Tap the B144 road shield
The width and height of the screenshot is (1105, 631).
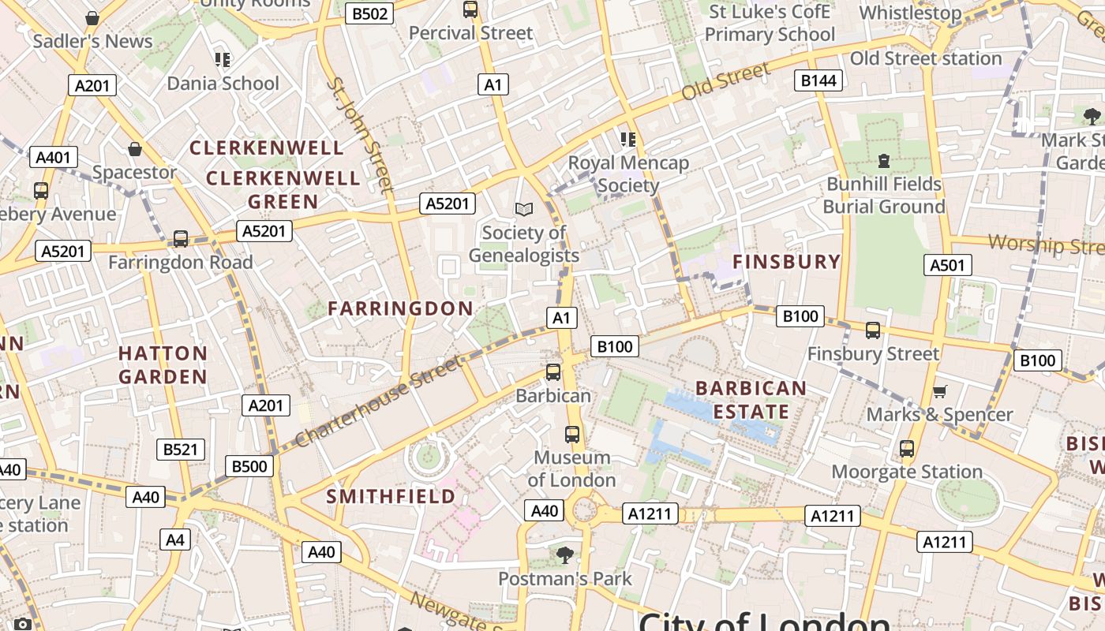tap(818, 80)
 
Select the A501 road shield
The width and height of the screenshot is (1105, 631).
tap(947, 265)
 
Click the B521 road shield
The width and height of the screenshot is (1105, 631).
tap(181, 450)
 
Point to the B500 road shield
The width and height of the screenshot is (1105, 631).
tap(249, 466)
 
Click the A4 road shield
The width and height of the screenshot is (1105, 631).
tap(175, 540)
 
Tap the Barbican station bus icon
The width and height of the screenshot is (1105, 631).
tap(553, 372)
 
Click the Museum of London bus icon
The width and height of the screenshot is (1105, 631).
tap(572, 435)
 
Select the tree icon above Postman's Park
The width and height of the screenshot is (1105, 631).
tap(564, 555)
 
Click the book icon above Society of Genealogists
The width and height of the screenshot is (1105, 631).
tap(523, 209)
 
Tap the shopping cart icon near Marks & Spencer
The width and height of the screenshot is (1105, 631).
tap(939, 392)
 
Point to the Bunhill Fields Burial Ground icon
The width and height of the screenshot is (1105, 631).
tap(883, 161)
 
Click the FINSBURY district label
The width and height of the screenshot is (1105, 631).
tap(787, 262)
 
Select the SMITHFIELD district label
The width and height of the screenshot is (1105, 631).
tap(391, 496)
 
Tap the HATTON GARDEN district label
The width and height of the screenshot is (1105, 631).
tap(163, 364)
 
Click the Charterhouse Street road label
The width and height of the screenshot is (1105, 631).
tap(378, 401)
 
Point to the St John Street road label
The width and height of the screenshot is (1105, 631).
tap(360, 134)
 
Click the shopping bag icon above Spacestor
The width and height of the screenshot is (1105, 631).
tap(135, 149)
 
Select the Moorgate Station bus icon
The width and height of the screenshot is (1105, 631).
tap(907, 449)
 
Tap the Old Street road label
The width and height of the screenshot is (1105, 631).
tap(725, 83)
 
